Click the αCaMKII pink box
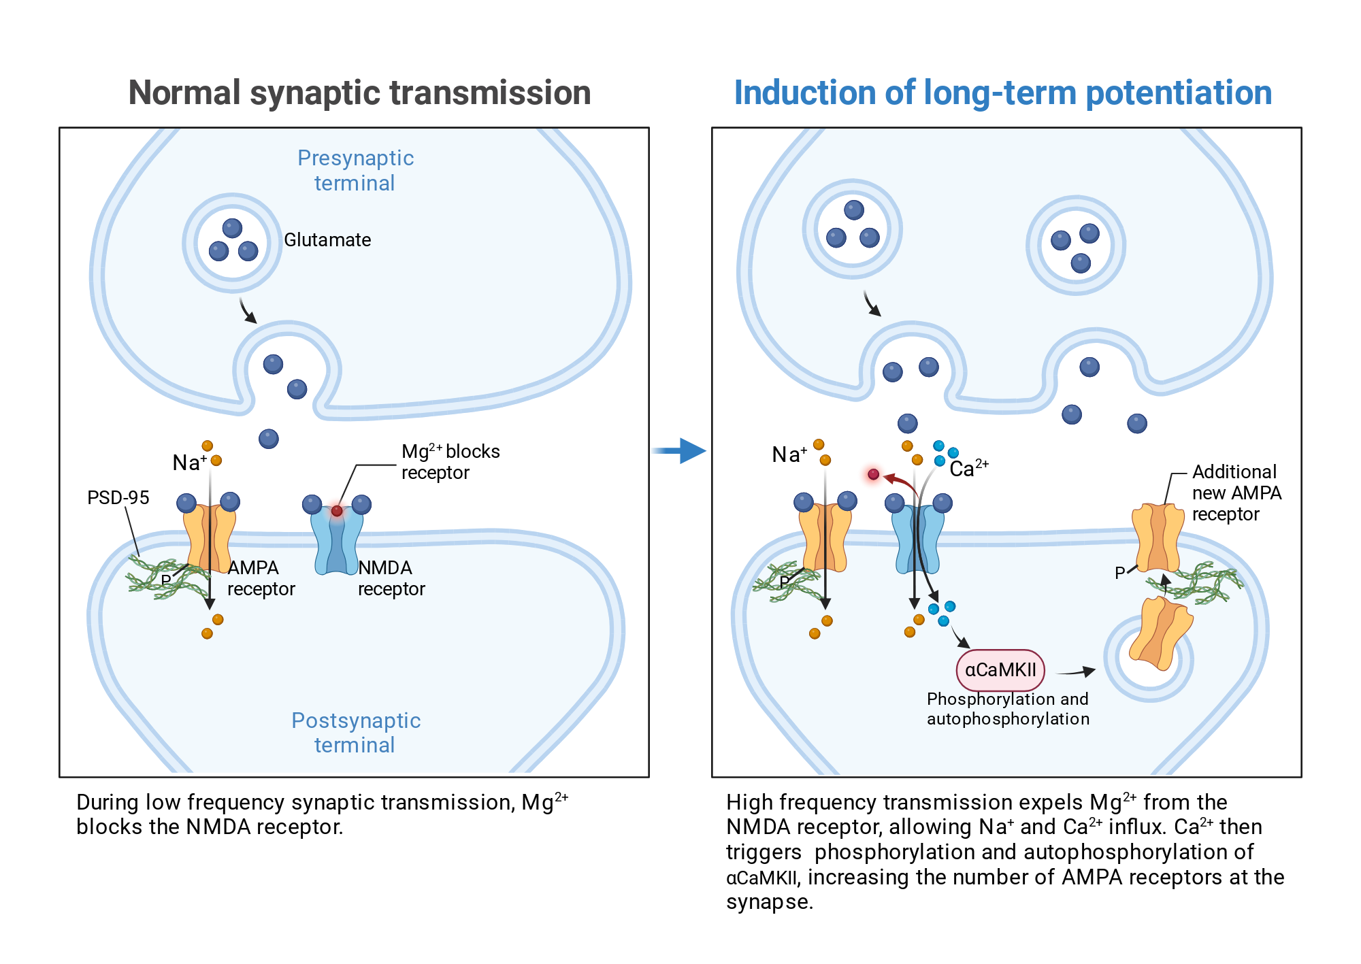tap(1000, 670)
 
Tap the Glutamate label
tap(327, 239)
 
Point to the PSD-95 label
tap(118, 497)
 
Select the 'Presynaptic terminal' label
tap(355, 170)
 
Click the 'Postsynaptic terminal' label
tap(356, 732)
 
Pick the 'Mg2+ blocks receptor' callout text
tap(450, 461)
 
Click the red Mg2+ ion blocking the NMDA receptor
tap(337, 510)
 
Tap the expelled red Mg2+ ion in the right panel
tap(874, 474)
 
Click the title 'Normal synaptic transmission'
tap(359, 93)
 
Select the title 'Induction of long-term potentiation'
tap(1003, 93)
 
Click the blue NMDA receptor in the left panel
tap(337, 541)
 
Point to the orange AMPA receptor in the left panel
tap(210, 537)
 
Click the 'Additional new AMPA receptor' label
tap(1236, 493)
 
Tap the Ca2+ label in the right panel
tap(969, 468)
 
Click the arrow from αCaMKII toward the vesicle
tap(1076, 672)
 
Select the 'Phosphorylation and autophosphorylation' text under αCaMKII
tap(1008, 709)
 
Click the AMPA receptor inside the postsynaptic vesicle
tap(1161, 633)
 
